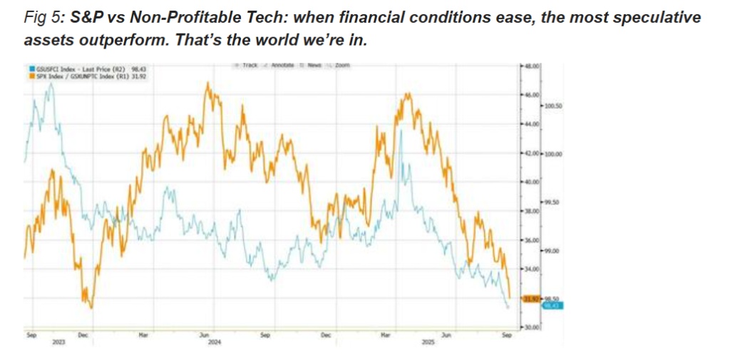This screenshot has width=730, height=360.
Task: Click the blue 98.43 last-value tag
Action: pos(553,305)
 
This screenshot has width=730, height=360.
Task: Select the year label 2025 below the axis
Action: pos(429,342)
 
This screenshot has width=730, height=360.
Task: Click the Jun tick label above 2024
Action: pos(204,334)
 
